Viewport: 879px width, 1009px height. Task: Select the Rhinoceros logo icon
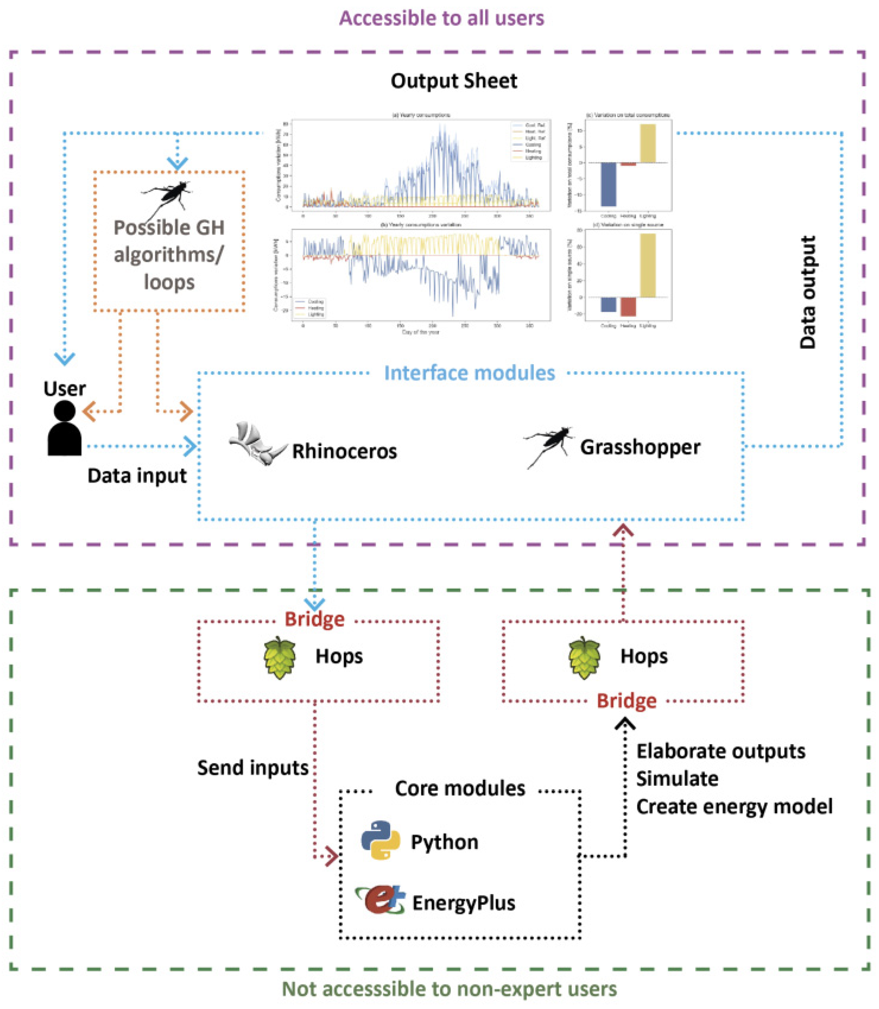coord(257,444)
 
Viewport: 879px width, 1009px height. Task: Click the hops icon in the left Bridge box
coord(280,657)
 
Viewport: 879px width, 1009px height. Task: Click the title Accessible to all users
coord(442,18)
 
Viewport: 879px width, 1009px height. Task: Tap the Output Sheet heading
coord(454,81)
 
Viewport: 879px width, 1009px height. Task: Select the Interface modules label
coord(469,373)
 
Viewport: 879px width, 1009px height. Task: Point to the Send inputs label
coord(253,768)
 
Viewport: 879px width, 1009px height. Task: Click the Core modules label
coord(460,788)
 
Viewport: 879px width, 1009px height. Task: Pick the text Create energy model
coord(734,807)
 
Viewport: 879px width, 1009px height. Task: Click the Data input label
coord(137,476)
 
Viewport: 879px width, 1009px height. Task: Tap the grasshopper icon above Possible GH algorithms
coord(167,196)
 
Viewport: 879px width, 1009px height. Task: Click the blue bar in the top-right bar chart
coord(608,184)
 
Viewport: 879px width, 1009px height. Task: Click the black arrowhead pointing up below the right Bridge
coord(625,725)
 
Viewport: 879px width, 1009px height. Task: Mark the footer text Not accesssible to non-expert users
coord(449,989)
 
